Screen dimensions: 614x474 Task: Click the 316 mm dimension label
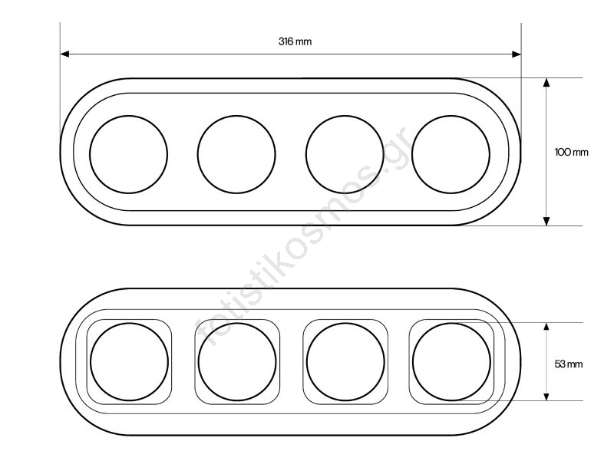pos(295,41)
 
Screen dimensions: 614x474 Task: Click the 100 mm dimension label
pos(571,152)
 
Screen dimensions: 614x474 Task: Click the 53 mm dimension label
pos(569,364)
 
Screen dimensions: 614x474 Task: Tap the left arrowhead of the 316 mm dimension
pos(65,54)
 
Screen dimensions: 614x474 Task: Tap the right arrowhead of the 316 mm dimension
pos(517,54)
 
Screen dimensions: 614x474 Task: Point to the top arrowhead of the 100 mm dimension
pos(546,82)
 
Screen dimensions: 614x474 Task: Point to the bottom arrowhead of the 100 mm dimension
pos(546,221)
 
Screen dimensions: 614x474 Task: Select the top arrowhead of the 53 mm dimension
pos(546,328)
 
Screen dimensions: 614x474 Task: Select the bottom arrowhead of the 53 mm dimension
pos(546,396)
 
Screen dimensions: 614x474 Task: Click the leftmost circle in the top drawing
pos(90,154)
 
